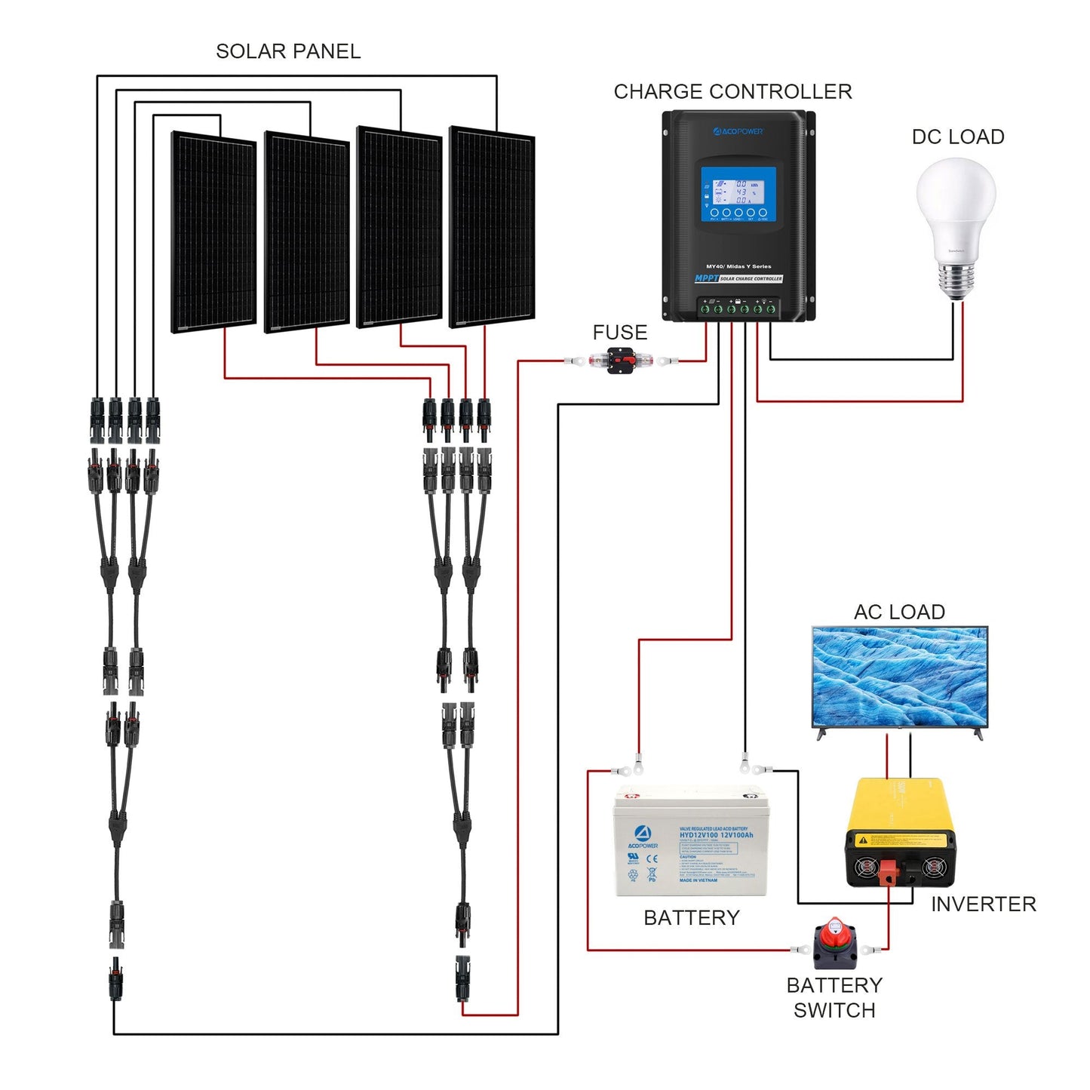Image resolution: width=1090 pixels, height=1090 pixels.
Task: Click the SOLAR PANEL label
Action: (288, 51)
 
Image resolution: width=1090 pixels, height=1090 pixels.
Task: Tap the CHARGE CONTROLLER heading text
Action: (732, 92)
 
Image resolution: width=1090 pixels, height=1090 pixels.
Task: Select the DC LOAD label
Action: (958, 137)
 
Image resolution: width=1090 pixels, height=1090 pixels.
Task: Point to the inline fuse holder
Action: (619, 361)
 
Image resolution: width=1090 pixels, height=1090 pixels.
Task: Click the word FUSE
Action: (619, 333)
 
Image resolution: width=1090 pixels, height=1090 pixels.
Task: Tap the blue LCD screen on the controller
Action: (738, 194)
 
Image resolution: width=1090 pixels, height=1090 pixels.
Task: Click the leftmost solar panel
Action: (214, 232)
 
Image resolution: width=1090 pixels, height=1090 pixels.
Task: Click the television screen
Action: (899, 676)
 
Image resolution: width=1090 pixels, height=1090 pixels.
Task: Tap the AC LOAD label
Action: (899, 612)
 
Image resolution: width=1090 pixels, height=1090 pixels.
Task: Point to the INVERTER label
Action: (983, 904)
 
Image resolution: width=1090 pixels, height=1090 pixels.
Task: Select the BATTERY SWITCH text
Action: (834, 997)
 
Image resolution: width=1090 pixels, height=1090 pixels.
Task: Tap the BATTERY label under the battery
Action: (691, 918)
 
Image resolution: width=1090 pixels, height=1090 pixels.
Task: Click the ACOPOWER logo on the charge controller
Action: (738, 131)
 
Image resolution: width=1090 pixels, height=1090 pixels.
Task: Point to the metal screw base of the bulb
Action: (956, 280)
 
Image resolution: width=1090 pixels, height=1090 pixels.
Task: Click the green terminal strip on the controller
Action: (738, 308)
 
